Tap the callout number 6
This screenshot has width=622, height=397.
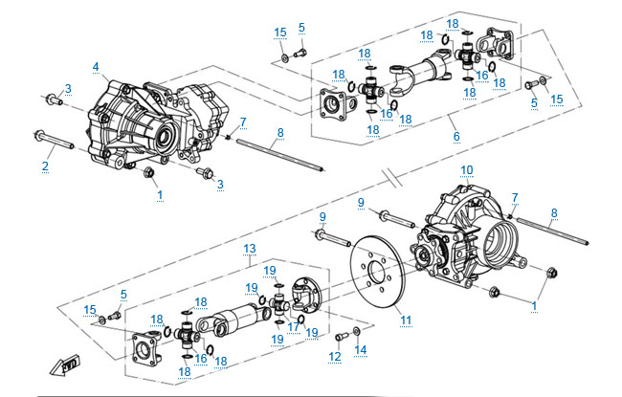pyautogui.click(x=456, y=137)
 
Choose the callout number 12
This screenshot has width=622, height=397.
pyautogui.click(x=334, y=357)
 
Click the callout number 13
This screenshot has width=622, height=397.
pyautogui.click(x=249, y=248)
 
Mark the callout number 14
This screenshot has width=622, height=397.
pyautogui.click(x=360, y=349)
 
